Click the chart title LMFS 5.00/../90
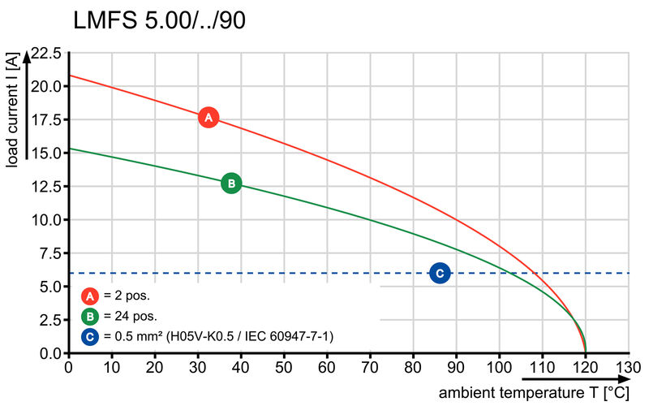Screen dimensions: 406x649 [x=159, y=21]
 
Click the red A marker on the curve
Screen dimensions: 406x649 [x=208, y=117]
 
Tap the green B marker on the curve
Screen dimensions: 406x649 [x=231, y=184]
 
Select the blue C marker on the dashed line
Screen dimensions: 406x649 [x=440, y=274]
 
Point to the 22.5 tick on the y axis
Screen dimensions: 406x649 [x=45, y=54]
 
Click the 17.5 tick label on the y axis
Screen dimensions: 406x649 [x=45, y=120]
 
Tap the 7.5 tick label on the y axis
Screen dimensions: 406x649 [x=49, y=253]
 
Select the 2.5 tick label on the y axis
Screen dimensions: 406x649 [x=49, y=320]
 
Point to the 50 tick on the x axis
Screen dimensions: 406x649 [x=284, y=368]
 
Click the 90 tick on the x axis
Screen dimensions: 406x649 [x=457, y=368]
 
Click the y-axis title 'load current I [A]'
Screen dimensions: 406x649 [x=11, y=110]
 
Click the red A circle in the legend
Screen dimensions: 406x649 [x=90, y=296]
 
